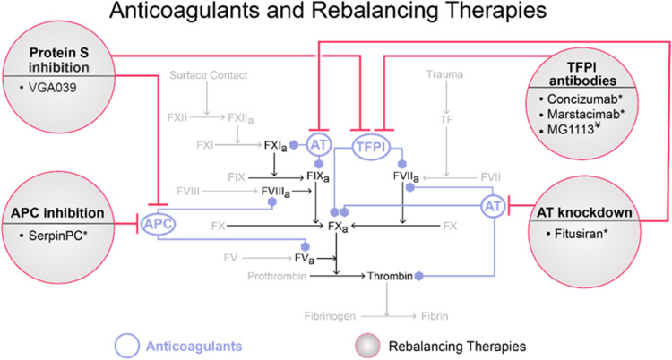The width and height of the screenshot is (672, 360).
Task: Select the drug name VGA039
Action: tap(52, 88)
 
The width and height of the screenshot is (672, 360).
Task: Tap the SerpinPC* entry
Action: tap(57, 236)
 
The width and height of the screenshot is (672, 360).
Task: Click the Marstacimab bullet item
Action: tap(585, 115)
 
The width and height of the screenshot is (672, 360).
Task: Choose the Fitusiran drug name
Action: tap(582, 234)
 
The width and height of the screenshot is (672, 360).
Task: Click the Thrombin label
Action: tap(390, 277)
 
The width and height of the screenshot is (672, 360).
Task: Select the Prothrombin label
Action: tap(277, 277)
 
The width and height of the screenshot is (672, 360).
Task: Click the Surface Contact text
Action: tap(208, 75)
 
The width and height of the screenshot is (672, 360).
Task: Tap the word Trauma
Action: tap(444, 74)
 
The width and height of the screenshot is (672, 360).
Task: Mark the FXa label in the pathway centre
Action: tap(338, 227)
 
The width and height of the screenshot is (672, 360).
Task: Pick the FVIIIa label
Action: tap(276, 192)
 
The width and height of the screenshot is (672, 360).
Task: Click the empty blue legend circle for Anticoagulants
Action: tap(127, 346)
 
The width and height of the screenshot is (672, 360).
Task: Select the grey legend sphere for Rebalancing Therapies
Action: tap(367, 346)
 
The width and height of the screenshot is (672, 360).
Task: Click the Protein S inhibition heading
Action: tap(59, 60)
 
